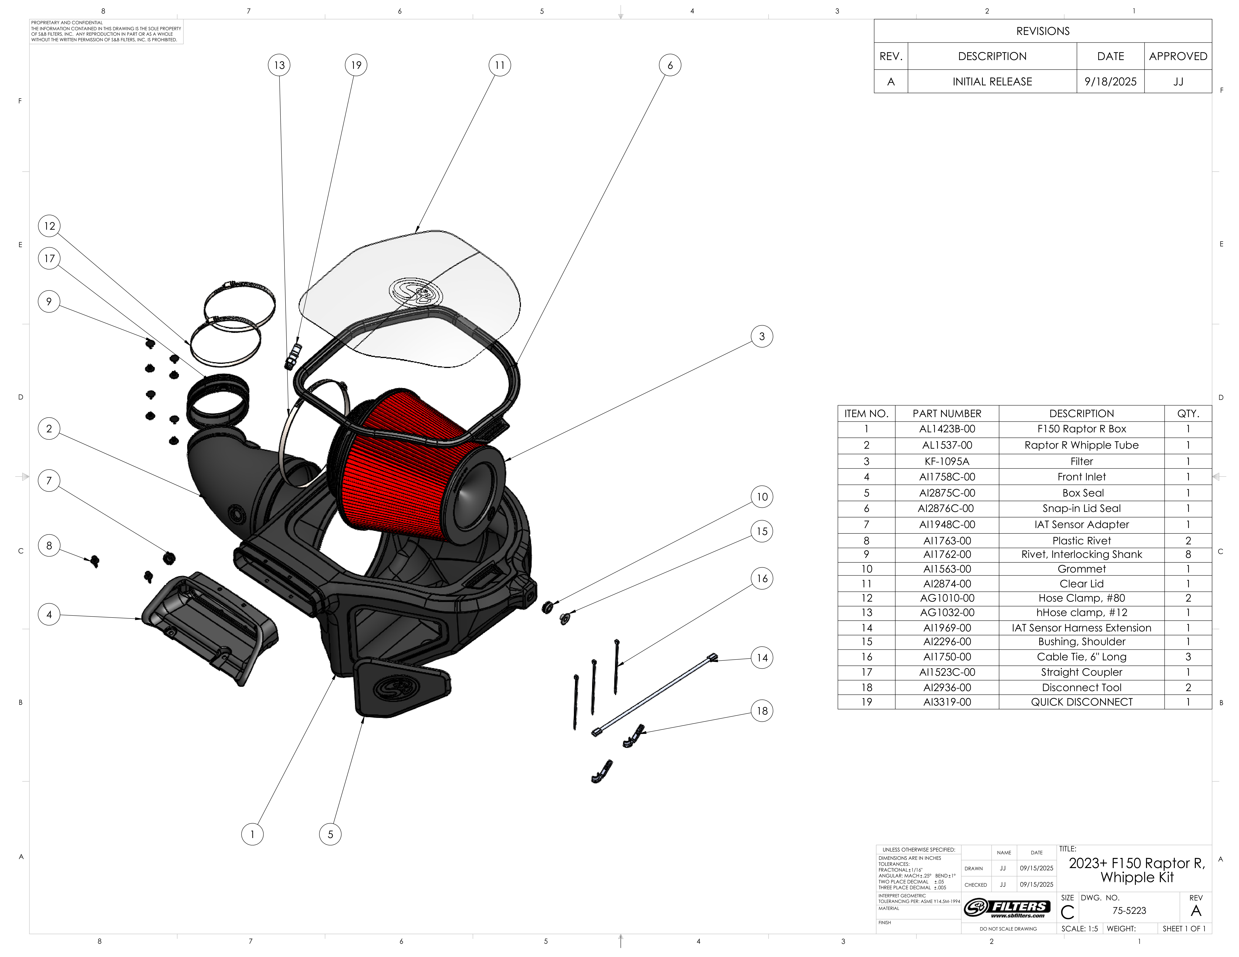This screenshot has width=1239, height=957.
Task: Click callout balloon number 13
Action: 279,65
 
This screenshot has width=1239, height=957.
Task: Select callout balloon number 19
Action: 356,65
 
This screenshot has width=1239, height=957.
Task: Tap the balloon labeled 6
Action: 670,65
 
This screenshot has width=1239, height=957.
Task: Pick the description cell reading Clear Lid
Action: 1081,583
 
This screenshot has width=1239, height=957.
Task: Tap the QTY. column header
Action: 1188,413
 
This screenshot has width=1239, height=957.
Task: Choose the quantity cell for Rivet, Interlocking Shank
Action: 1188,554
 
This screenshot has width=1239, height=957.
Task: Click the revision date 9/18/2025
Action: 1110,82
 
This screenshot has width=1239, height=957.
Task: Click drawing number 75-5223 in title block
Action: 1129,910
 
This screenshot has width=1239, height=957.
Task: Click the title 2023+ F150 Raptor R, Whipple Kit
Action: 1137,870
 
